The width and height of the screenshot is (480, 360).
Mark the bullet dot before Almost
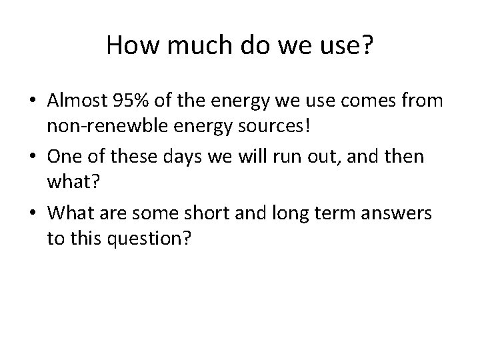(x=33, y=101)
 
